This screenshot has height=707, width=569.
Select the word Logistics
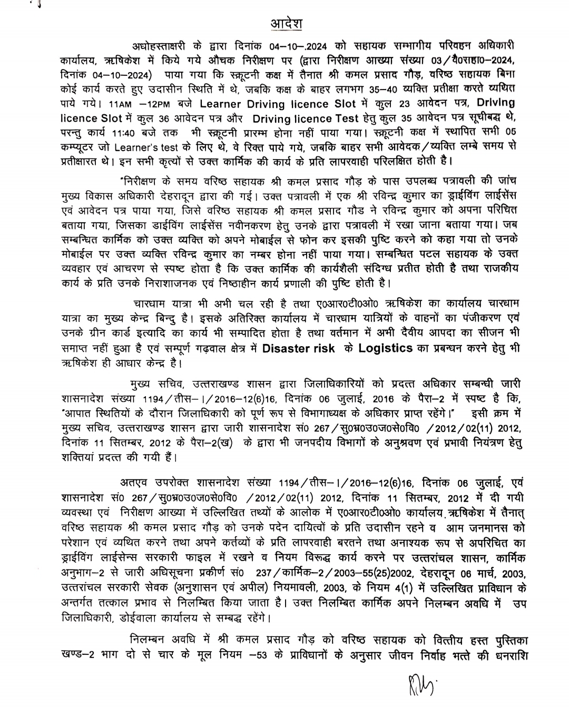point(386,349)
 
